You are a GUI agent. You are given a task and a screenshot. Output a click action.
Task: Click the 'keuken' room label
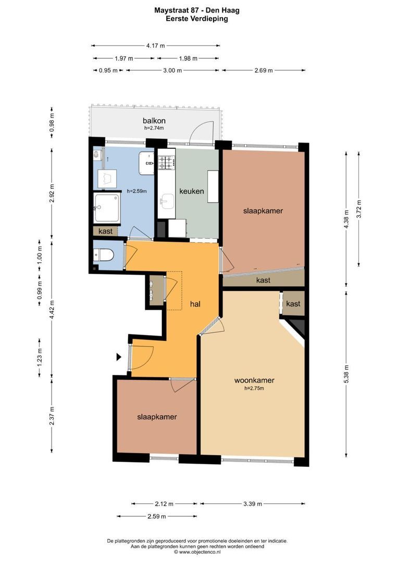[192, 191]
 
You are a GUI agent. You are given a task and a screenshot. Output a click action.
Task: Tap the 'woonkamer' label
[254, 380]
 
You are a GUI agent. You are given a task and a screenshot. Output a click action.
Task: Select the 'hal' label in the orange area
[195, 304]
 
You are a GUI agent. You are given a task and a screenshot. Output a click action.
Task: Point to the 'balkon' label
[154, 120]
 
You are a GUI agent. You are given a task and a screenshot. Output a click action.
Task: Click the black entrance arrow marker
[118, 357]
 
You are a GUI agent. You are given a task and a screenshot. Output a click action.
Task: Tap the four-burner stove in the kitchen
[167, 162]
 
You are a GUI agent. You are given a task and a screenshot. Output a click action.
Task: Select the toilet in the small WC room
[103, 255]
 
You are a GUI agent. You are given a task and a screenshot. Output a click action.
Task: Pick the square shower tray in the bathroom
[107, 208]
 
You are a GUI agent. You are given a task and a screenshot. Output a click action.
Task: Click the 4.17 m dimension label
[155, 45]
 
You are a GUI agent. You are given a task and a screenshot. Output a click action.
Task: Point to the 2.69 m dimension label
[264, 70]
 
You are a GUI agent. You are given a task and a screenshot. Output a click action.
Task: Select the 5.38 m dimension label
[346, 374]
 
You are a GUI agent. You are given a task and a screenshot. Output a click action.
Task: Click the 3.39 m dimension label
[253, 504]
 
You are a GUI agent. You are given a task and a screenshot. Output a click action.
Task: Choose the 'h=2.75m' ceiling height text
[254, 388]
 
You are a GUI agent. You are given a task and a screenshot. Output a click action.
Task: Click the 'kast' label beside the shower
[106, 231]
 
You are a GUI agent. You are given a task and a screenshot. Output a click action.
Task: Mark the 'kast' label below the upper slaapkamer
[264, 280]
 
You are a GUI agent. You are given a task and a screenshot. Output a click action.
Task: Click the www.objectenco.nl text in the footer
[200, 552]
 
